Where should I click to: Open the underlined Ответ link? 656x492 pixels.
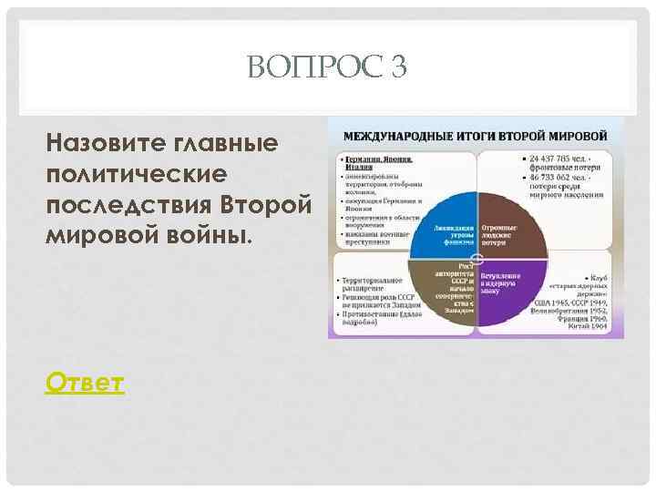coord(84,383)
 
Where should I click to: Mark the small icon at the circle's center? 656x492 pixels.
coord(477,258)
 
